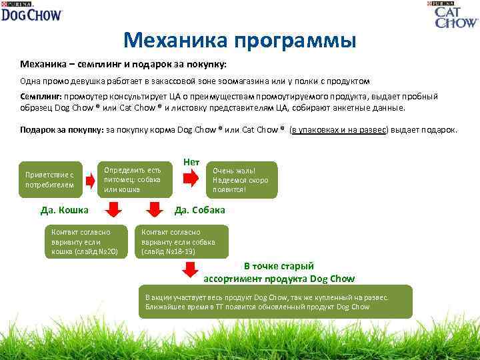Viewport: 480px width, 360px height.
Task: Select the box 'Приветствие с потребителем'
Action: pos(49,179)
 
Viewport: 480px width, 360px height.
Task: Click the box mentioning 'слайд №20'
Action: pos(85,242)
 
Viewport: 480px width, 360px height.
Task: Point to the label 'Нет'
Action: pos(191,163)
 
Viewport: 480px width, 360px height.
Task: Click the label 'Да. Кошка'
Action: pos(65,210)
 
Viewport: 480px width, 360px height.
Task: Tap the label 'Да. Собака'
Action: pos(199,210)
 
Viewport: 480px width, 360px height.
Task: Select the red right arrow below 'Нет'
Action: pos(191,179)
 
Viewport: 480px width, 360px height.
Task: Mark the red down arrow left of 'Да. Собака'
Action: pos(154,211)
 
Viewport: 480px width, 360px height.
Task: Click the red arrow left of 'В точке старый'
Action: pos(190,269)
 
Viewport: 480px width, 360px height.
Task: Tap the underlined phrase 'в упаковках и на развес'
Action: pos(339,130)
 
